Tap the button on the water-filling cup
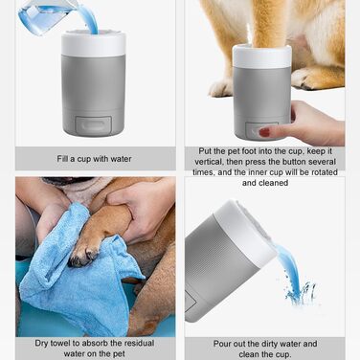tap(93, 124)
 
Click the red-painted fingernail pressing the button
tap(264, 132)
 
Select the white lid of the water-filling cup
tap(94, 44)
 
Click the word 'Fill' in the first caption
tap(62, 159)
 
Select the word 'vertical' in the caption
tap(209, 162)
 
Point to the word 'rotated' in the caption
tap(324, 172)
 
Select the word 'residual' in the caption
tap(139, 344)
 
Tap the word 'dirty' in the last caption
tap(271, 344)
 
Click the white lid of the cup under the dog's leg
tap(261, 56)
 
